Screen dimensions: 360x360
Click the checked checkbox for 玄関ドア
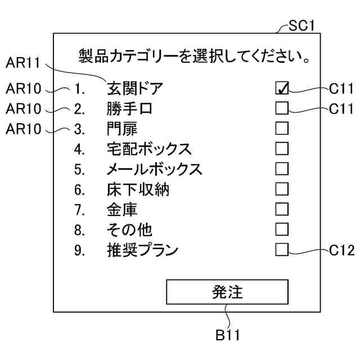point(282,88)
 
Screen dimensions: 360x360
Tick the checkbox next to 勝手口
point(282,108)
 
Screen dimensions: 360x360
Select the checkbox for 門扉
point(282,128)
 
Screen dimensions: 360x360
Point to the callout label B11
point(227,335)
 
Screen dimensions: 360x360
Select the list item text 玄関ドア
point(134,88)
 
